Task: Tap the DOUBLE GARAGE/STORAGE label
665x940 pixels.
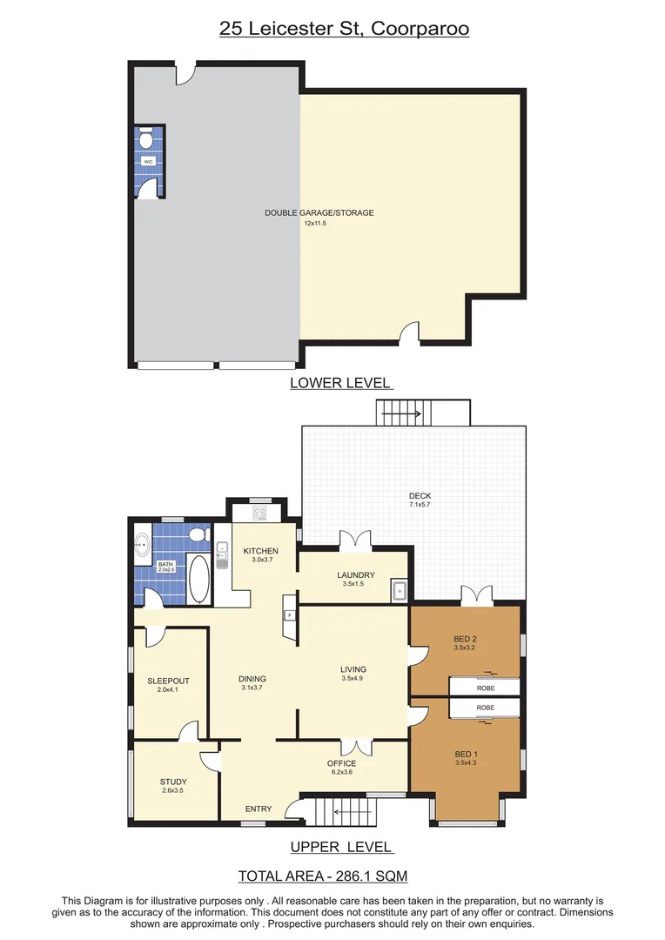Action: click(x=319, y=212)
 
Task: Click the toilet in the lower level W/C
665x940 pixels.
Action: click(x=147, y=138)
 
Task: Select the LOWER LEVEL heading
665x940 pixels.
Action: click(x=340, y=383)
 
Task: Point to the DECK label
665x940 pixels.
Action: click(x=420, y=496)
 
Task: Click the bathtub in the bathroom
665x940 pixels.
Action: click(x=199, y=579)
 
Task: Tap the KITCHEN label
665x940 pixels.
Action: click(x=260, y=551)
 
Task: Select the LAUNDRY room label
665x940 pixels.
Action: click(x=356, y=575)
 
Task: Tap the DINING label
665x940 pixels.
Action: click(x=252, y=679)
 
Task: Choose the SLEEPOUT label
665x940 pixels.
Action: click(x=168, y=681)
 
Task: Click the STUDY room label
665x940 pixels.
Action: click(x=173, y=782)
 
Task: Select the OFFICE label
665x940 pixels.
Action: click(x=341, y=763)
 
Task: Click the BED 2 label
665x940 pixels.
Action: click(x=466, y=638)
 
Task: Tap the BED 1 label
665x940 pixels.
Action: click(x=466, y=754)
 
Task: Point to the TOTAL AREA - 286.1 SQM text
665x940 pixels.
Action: click(x=323, y=876)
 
